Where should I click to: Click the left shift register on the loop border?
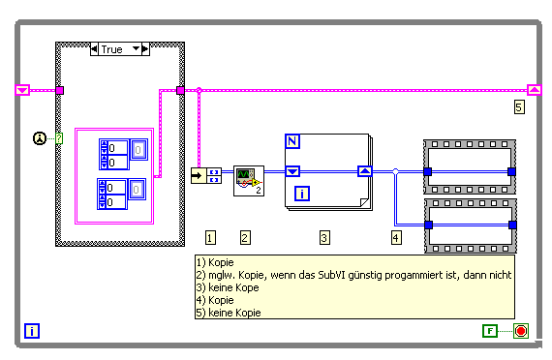point(22,90)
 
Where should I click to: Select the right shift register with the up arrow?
point(534,90)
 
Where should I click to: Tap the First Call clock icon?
point(40,138)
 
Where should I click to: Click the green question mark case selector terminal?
point(59,138)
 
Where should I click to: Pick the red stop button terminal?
point(521,331)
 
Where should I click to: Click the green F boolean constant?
point(490,331)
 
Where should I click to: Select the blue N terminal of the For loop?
point(291,141)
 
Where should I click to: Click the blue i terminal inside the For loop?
point(302,194)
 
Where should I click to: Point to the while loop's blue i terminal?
point(32,331)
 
